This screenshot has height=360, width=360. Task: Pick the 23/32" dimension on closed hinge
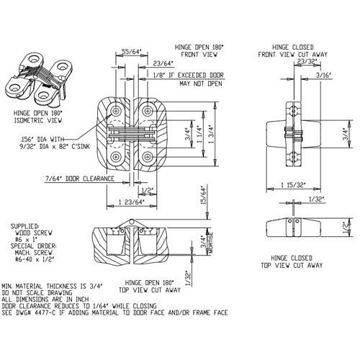click(x=287, y=60)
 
